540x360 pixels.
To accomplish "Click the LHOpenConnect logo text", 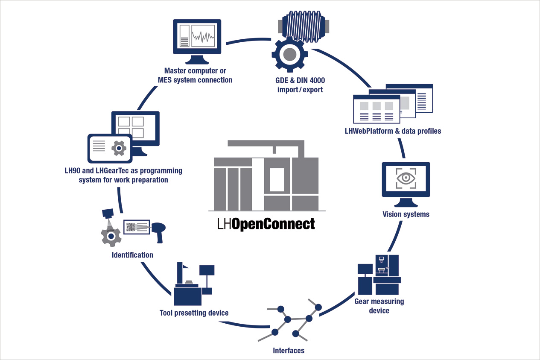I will [266, 223].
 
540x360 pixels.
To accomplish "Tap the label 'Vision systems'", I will [406, 214].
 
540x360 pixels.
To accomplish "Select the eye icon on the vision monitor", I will [405, 178].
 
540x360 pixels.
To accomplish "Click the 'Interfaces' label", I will [289, 351].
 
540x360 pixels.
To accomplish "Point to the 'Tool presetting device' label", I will [194, 313].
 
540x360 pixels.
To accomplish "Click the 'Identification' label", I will [132, 255].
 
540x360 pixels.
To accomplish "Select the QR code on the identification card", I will [131, 228].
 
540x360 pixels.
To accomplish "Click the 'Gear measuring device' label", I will [379, 306].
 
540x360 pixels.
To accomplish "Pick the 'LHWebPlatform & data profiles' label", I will [393, 131].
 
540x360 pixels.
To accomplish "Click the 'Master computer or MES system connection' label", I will [198, 75].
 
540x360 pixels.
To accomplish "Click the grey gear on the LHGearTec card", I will [118, 148].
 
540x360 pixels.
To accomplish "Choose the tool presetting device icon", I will [193, 284].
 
